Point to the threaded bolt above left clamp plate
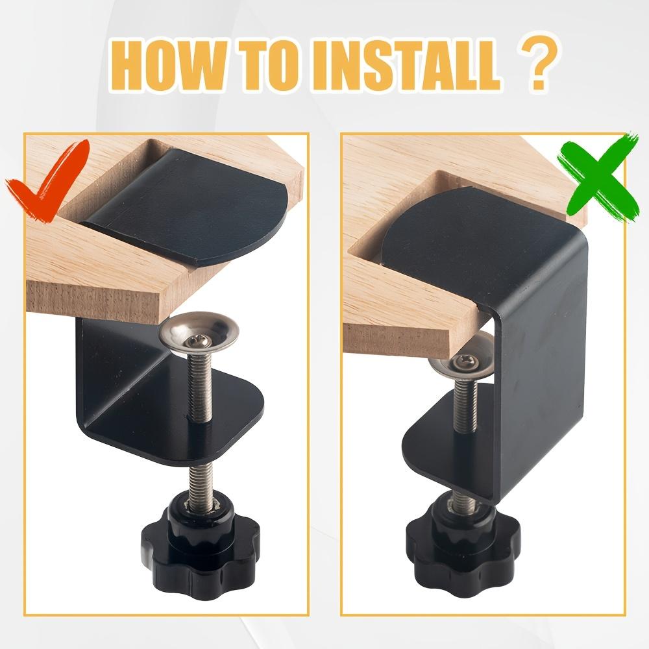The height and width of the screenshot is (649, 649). click(197, 383)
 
